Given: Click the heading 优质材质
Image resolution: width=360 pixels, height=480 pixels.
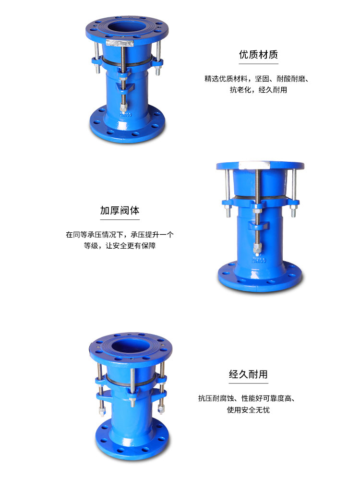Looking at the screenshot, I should pos(258,54).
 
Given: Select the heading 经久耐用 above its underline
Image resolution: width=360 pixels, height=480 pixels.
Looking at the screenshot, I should pos(248,374).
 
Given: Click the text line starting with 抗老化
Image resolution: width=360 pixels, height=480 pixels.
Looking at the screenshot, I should pos(258,90).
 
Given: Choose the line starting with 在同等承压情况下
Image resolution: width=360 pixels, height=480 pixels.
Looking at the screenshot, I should pos(120,235).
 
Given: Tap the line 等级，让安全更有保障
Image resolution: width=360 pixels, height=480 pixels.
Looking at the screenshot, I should pos(120,246).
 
